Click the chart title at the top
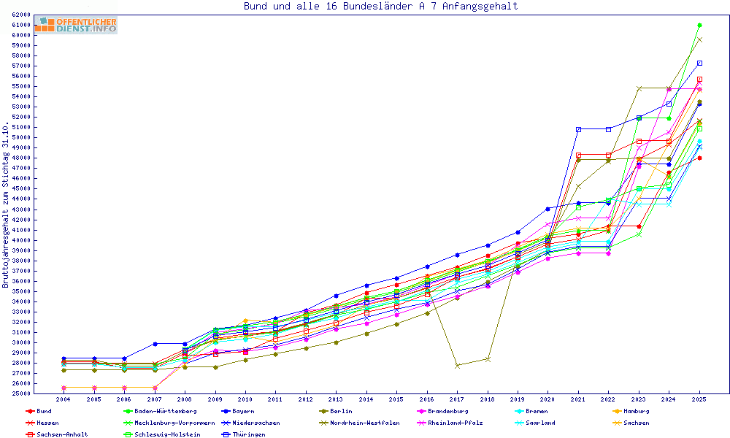tap(380, 6)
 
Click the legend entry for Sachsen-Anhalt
tap(62, 434)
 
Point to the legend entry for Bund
tap(44, 411)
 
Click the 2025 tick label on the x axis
tap(699, 399)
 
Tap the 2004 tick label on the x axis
tap(64, 399)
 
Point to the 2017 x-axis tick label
tap(457, 399)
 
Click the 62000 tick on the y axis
tap(20, 15)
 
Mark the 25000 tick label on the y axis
tap(20, 393)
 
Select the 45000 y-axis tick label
tap(20, 188)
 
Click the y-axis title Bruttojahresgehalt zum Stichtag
tap(6, 204)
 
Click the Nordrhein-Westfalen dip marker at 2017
tap(457, 365)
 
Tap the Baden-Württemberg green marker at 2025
tap(699, 25)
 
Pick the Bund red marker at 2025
tap(699, 158)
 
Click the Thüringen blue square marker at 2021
tap(578, 129)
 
